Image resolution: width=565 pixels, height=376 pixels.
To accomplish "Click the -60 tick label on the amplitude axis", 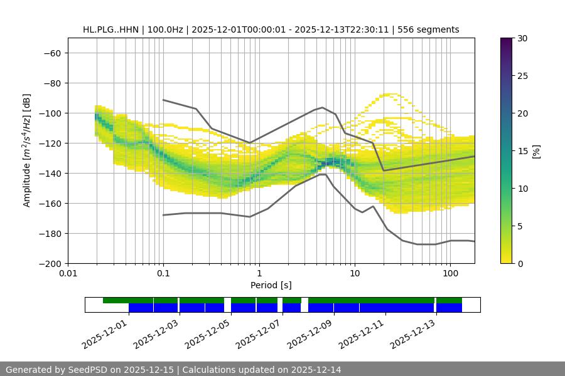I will point(51,53).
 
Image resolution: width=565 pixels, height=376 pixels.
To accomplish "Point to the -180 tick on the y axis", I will point(49,233).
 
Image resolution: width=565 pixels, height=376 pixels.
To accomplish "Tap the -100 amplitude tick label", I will point(49,113).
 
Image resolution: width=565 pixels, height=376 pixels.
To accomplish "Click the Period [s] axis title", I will point(271,285).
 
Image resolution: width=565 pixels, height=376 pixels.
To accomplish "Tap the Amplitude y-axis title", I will point(27,150).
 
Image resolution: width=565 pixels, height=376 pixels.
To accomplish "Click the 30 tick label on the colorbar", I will point(522,38).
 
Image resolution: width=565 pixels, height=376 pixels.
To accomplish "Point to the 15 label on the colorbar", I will point(522,151).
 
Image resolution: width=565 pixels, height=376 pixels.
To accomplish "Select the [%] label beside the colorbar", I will point(536,151).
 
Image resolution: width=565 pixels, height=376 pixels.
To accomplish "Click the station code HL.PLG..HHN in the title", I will point(112,29).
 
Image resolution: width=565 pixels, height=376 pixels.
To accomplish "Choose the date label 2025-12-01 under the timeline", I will point(105,333).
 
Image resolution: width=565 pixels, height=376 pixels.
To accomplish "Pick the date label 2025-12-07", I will point(259,333).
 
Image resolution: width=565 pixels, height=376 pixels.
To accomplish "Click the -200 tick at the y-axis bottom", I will point(49,263).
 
